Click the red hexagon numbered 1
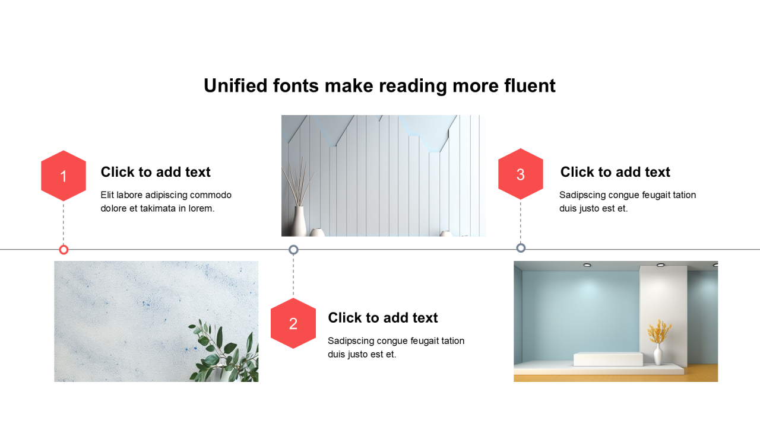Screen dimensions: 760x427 [64, 176]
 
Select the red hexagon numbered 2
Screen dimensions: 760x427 [293, 323]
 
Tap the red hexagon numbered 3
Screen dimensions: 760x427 [521, 174]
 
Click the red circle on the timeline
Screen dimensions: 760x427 [64, 250]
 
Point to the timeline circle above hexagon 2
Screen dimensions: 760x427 [293, 250]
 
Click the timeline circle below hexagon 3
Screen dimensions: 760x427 [521, 248]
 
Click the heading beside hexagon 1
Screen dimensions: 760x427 [156, 172]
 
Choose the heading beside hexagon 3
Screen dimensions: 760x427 [615, 172]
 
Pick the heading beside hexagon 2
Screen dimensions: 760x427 [383, 317]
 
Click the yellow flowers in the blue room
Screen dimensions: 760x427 [659, 331]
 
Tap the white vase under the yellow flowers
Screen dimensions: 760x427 [658, 354]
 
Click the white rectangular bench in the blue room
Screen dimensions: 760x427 [608, 359]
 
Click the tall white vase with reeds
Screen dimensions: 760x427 [299, 221]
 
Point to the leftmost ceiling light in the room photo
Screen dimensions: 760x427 [587, 265]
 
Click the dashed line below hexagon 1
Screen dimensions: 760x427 [64, 223]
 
